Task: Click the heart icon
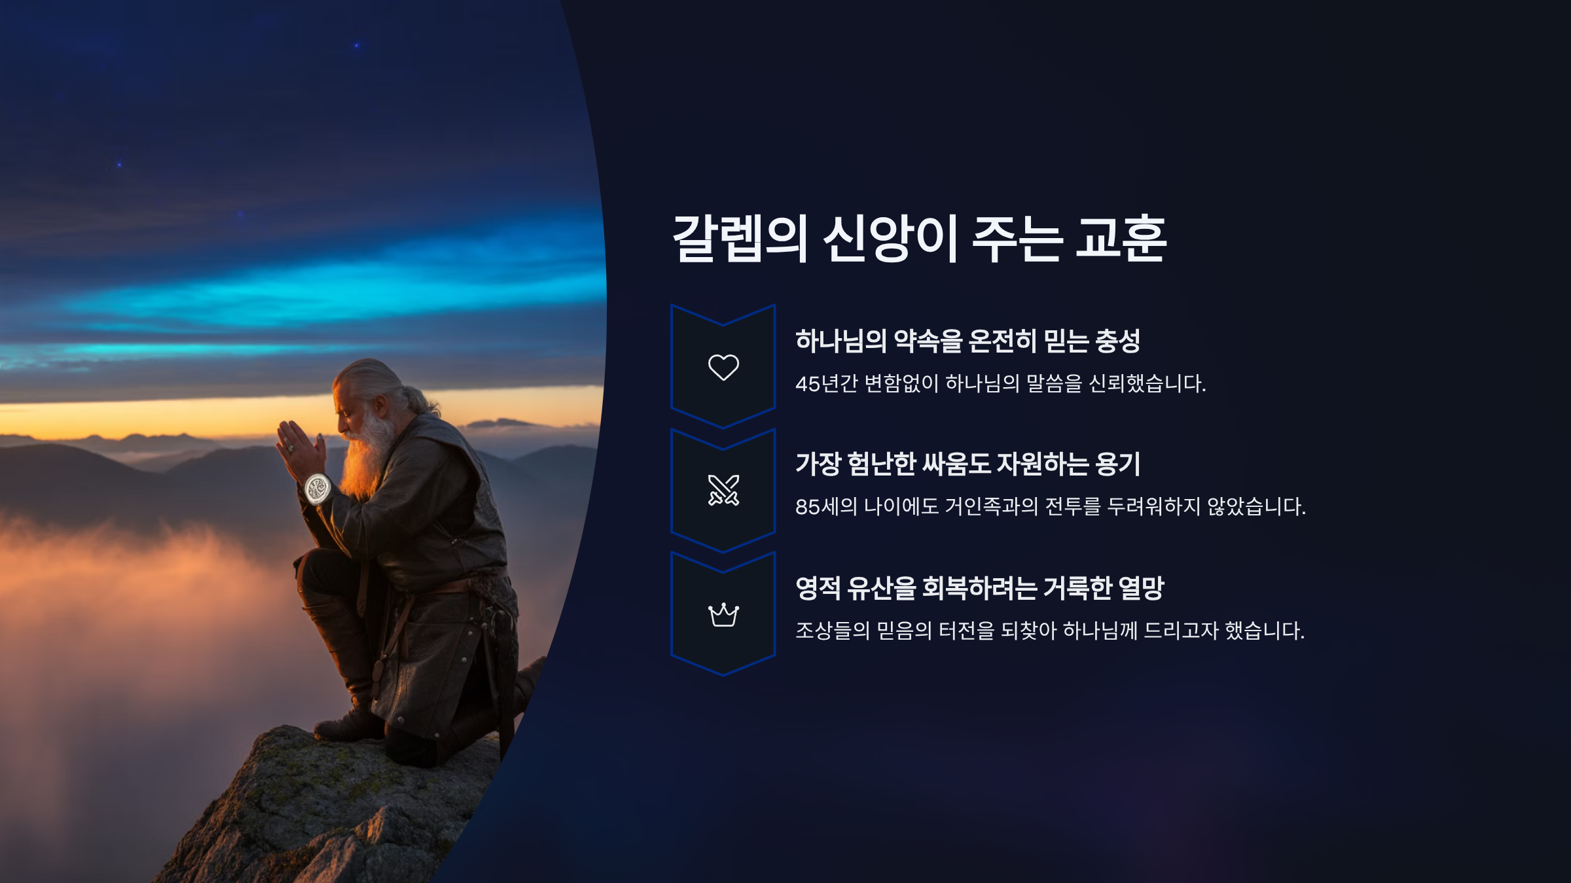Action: click(723, 367)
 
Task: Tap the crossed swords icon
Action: click(723, 490)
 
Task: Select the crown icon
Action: click(723, 614)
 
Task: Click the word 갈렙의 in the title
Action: click(740, 239)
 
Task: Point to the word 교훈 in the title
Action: click(1121, 239)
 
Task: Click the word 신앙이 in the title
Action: click(890, 239)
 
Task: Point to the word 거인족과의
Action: click(991, 506)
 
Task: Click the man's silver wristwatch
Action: click(318, 489)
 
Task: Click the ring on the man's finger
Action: click(291, 448)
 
